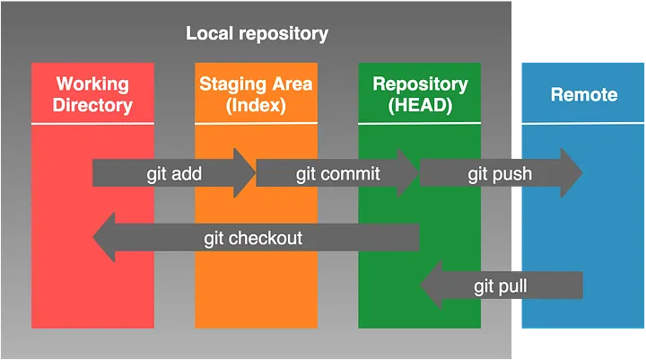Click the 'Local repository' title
point(257,34)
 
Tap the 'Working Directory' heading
point(93,94)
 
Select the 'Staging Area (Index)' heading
point(255,94)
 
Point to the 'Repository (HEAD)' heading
point(420,94)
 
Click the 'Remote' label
point(583,93)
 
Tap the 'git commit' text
point(337,173)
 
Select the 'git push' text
point(501,173)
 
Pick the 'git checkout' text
point(253,238)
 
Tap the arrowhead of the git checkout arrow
point(105,238)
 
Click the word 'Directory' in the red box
point(93,105)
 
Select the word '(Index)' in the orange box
point(255,105)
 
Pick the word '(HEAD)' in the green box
point(420,105)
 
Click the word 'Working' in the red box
point(93,84)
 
